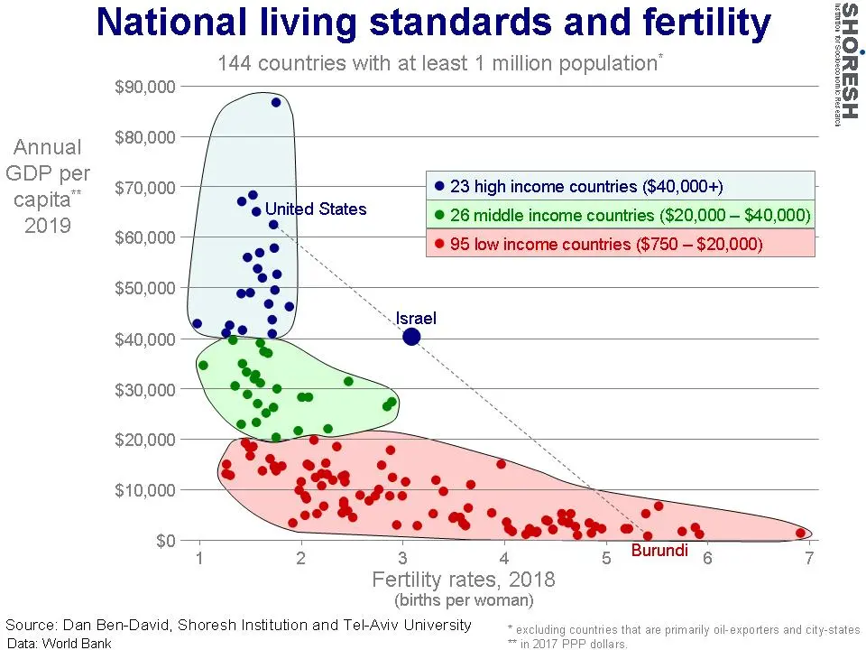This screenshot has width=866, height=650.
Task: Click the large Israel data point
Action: pos(411,336)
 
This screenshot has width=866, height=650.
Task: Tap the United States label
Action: pos(316,209)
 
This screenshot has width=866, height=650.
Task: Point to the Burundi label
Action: pos(659,551)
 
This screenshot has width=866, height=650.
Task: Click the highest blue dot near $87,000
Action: pos(276,102)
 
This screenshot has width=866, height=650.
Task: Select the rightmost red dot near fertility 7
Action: pos(800,533)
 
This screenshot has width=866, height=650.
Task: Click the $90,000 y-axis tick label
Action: pos(144,87)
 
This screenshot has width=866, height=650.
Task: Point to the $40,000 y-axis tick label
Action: pos(144,339)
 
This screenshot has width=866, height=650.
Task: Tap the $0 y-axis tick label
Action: pos(166,540)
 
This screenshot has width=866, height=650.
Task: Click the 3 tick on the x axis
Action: pos(402,558)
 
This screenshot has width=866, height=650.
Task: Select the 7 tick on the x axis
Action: pos(809,558)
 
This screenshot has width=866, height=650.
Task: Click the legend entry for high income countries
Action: pos(579,186)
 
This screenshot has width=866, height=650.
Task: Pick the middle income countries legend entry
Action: pos(622,215)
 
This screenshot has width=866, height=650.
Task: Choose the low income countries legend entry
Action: pos(599,244)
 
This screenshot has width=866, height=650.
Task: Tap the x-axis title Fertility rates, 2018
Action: pos(464,580)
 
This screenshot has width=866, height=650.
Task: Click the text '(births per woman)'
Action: pos(464,599)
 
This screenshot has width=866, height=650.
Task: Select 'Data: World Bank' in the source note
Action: pos(59,643)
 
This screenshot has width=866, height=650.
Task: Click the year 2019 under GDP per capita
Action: pos(48,225)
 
